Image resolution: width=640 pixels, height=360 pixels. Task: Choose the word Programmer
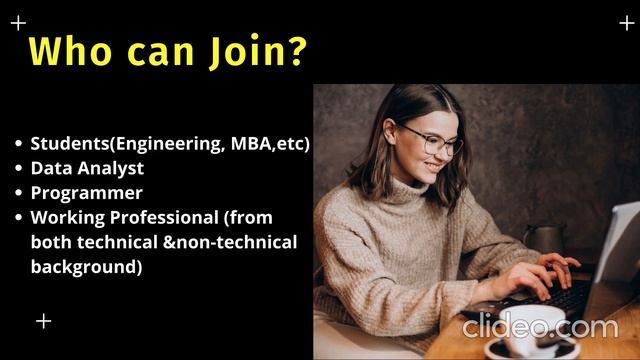(x=86, y=192)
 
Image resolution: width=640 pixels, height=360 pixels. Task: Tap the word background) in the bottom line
(x=86, y=267)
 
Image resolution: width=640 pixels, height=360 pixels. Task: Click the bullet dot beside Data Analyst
(x=18, y=168)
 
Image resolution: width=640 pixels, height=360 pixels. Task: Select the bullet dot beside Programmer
(x=18, y=192)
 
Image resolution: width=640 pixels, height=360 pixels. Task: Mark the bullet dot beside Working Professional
(x=18, y=217)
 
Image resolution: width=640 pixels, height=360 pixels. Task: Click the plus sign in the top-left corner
(x=18, y=22)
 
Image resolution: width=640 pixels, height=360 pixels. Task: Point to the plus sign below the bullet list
(x=43, y=321)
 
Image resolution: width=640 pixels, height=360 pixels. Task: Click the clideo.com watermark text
(x=540, y=326)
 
